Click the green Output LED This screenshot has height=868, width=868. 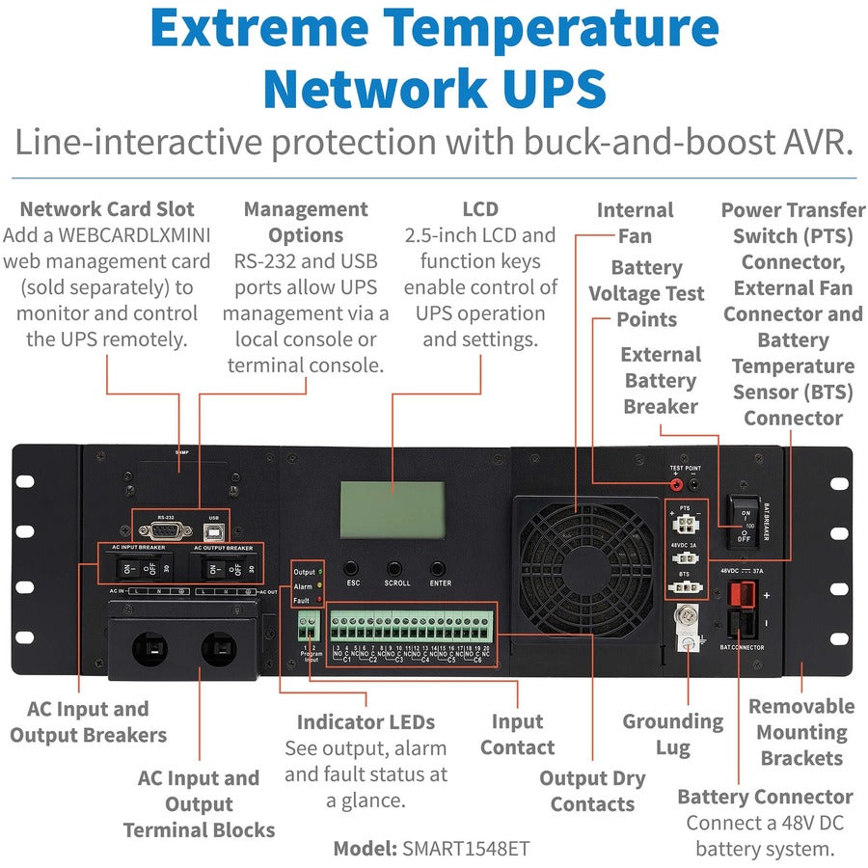tap(320, 572)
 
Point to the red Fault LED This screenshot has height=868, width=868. tap(320, 600)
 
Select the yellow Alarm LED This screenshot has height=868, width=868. tap(320, 585)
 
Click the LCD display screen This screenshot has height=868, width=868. tap(392, 502)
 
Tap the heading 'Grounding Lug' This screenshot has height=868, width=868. tap(672, 734)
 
